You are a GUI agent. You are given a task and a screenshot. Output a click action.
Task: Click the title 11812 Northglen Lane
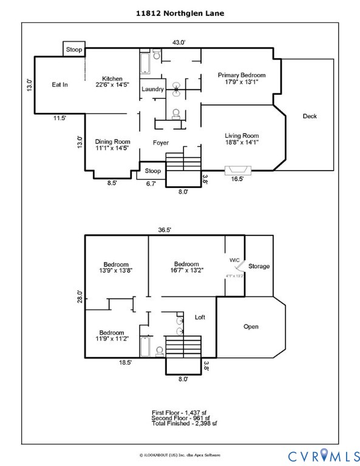pyautogui.click(x=180, y=12)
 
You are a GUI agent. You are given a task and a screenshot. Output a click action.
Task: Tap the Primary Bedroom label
pyautogui.click(x=242, y=78)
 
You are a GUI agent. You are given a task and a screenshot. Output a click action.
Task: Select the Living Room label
pyautogui.click(x=242, y=139)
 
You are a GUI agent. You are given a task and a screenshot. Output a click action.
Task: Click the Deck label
pyautogui.click(x=310, y=116)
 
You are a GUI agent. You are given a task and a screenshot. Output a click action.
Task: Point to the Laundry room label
pyautogui.click(x=152, y=90)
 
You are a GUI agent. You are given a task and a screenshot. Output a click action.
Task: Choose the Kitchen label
pyautogui.click(x=112, y=82)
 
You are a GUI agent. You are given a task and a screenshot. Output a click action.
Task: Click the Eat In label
pyautogui.click(x=59, y=85)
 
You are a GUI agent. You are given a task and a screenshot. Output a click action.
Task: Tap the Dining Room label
pyautogui.click(x=112, y=144)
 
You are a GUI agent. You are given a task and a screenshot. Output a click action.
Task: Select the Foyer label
pyautogui.click(x=160, y=143)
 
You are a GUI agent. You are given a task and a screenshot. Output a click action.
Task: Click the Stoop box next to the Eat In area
pyautogui.click(x=74, y=49)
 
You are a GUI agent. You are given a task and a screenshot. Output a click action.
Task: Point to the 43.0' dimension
pyautogui.click(x=178, y=42)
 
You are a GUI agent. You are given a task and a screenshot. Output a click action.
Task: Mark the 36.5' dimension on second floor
pyautogui.click(x=165, y=230)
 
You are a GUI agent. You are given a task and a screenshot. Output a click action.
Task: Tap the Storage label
pyautogui.click(x=259, y=266)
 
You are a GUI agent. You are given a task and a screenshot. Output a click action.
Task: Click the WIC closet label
pyautogui.click(x=234, y=260)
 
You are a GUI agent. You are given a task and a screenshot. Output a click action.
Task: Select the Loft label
pyautogui.click(x=200, y=317)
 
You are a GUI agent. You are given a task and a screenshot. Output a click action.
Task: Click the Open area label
pyautogui.click(x=251, y=326)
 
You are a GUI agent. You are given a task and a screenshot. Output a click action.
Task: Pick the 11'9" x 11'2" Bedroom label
pyautogui.click(x=112, y=336)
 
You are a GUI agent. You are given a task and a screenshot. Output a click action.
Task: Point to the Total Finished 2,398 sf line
pyautogui.click(x=180, y=423)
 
